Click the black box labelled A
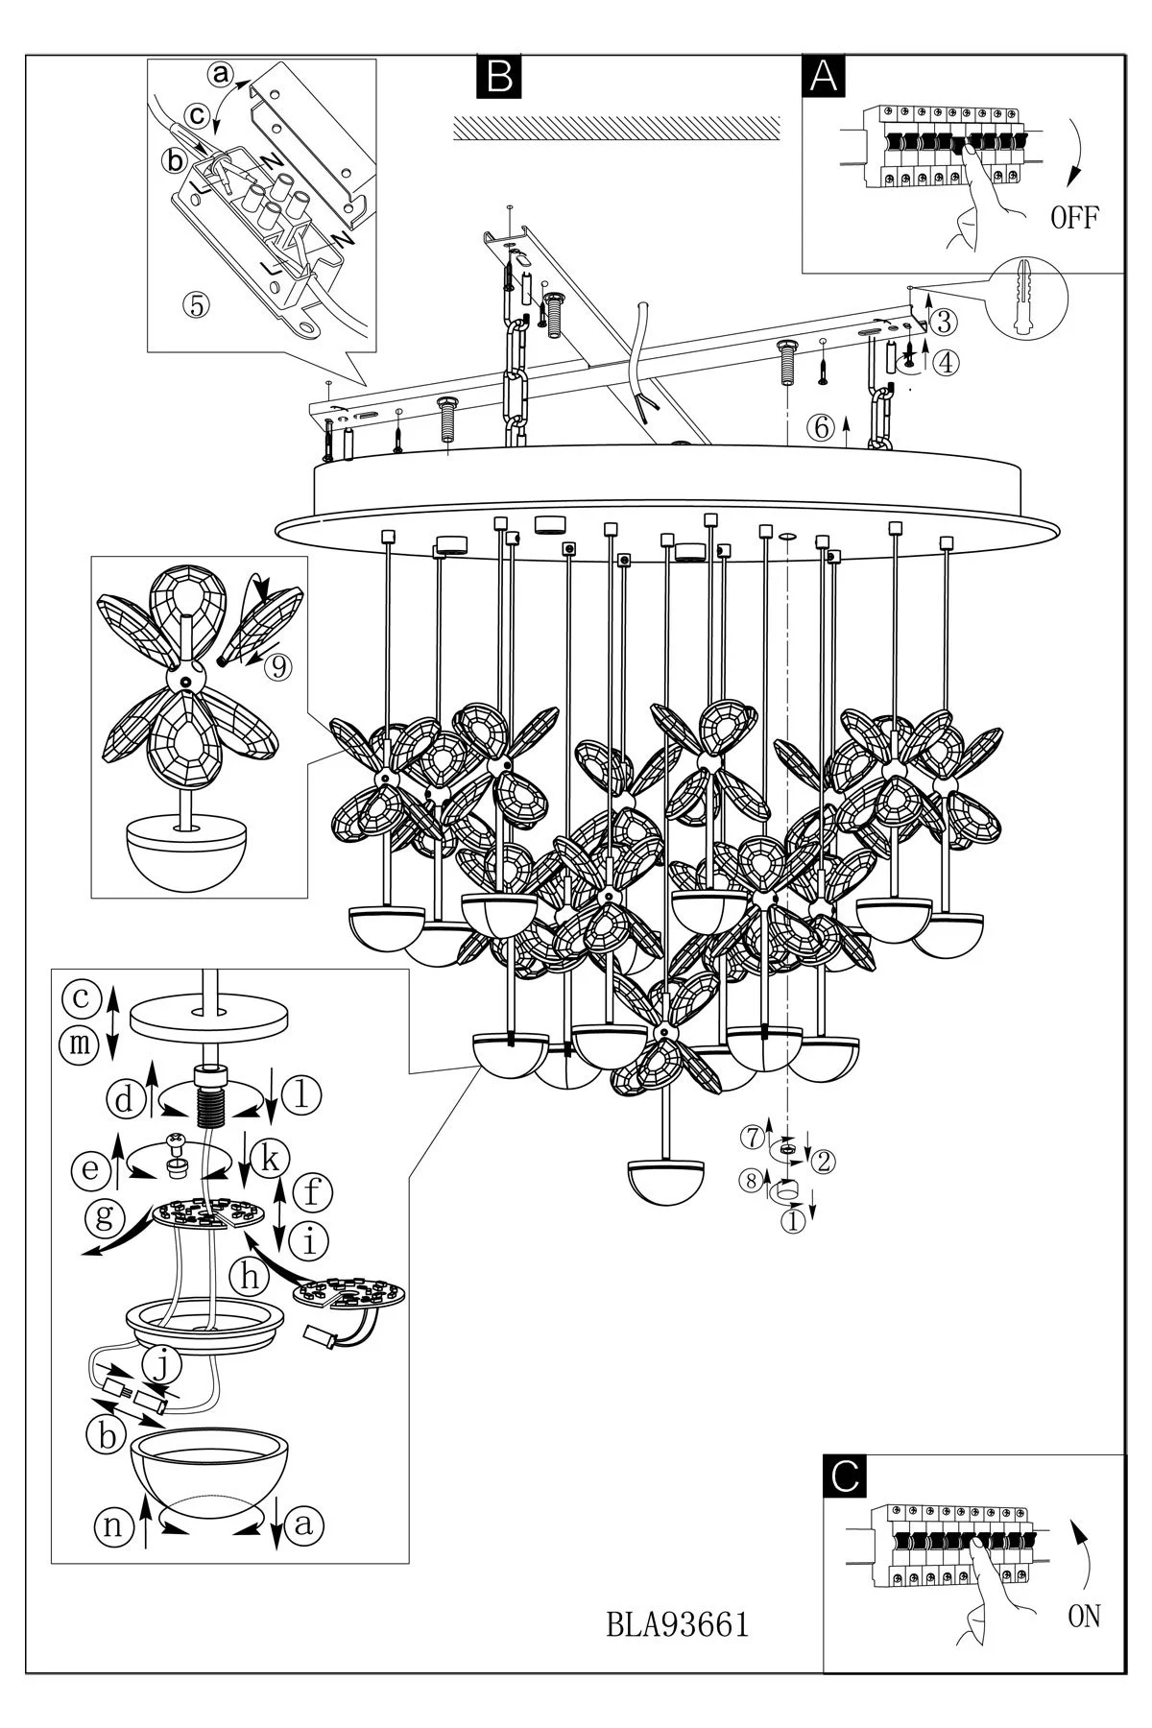(x=824, y=76)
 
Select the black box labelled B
(x=498, y=76)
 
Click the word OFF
(x=1074, y=218)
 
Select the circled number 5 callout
(x=196, y=304)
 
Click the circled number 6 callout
(x=821, y=428)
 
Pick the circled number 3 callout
(x=945, y=320)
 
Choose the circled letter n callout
(x=113, y=1525)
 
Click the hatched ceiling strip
(x=615, y=129)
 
